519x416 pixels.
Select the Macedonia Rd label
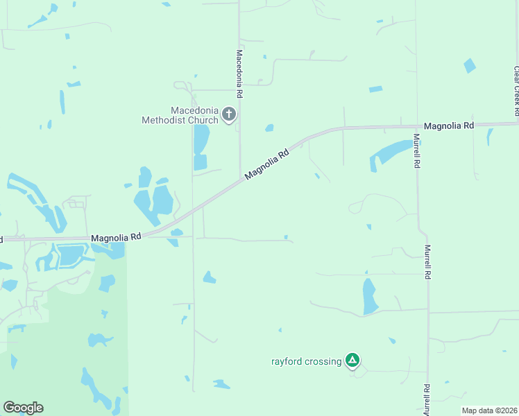point(239,73)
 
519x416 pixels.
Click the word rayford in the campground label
point(287,361)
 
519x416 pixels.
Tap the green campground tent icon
point(353,360)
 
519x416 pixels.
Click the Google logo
point(23,408)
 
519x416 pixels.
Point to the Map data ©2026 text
point(490,410)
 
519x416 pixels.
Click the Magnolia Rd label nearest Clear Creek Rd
point(448,125)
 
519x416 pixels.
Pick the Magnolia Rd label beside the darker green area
point(116,237)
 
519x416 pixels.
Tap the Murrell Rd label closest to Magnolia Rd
point(417,151)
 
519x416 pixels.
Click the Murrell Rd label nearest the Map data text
point(427,400)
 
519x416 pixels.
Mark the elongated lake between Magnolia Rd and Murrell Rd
point(391,152)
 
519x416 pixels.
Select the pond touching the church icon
point(201,139)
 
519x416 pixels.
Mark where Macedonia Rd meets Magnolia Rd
point(240,179)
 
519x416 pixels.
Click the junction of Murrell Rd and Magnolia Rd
point(416,126)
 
